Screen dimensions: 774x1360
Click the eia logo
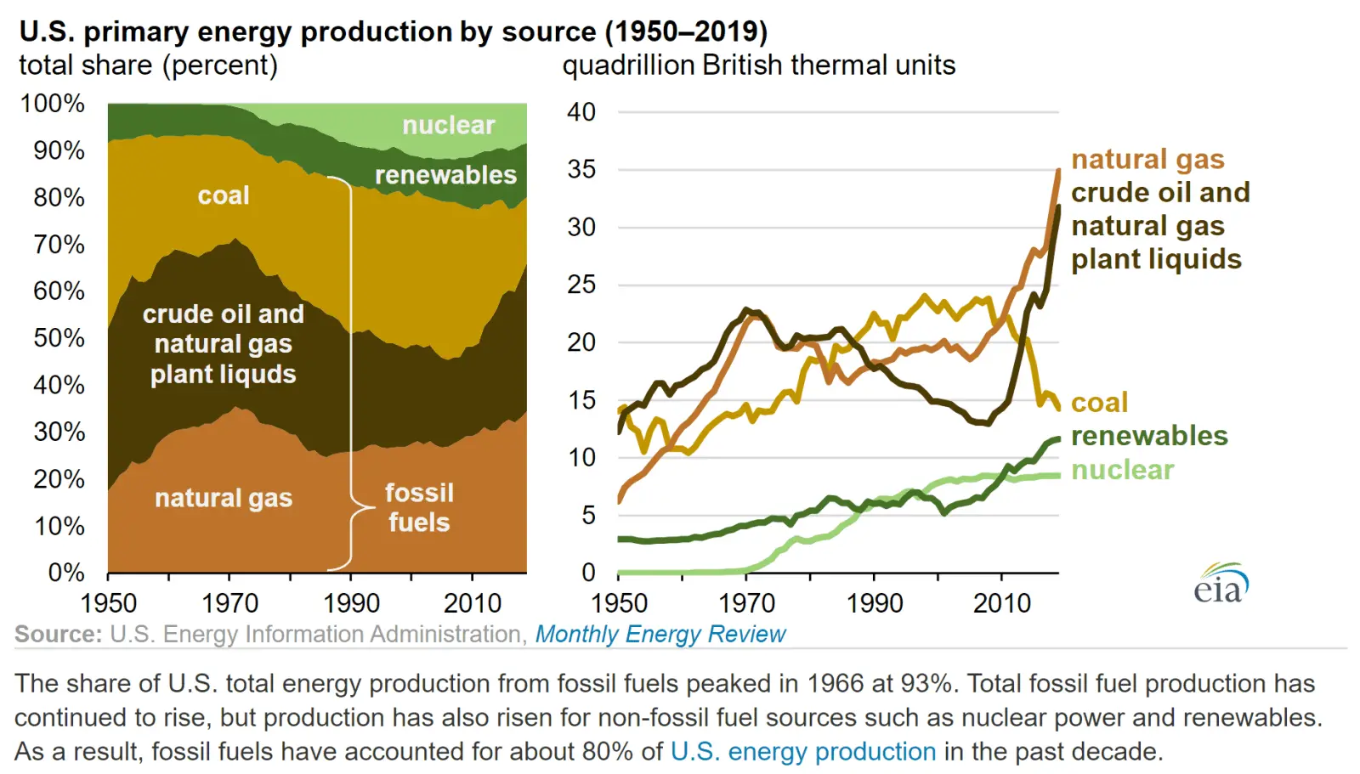point(1221,583)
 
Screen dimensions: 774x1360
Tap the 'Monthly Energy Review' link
point(660,634)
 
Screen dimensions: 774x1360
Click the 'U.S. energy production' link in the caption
point(803,751)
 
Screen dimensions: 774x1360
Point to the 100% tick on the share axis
point(53,104)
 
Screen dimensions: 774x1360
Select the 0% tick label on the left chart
point(66,572)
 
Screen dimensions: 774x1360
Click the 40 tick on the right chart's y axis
point(581,112)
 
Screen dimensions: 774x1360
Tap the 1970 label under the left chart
point(229,603)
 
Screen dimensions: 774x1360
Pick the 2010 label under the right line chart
point(1002,603)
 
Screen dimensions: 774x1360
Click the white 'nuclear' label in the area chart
point(448,126)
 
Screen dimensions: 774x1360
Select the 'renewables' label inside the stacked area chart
point(445,175)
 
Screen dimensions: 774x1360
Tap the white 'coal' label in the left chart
point(224,195)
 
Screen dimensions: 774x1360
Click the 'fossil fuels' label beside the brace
point(419,507)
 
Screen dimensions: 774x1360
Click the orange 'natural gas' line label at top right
point(1147,160)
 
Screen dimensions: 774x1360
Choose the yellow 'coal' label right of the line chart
point(1099,403)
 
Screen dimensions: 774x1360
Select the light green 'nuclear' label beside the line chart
point(1122,470)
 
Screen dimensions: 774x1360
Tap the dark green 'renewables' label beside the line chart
point(1149,436)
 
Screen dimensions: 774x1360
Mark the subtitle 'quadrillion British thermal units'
point(758,65)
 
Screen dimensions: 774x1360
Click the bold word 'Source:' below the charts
point(58,634)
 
